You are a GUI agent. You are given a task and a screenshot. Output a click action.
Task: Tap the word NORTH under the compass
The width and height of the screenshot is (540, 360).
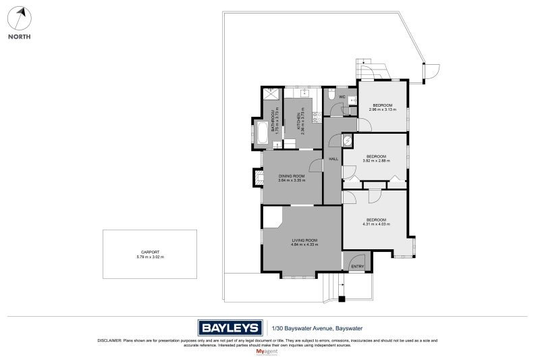tap(19, 37)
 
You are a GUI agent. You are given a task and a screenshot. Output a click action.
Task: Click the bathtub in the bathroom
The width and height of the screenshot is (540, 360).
tap(262, 133)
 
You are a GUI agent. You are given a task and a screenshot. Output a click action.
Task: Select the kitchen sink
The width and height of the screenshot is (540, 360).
tap(304, 92)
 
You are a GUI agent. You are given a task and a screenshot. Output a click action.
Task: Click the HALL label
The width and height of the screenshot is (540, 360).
tap(333, 159)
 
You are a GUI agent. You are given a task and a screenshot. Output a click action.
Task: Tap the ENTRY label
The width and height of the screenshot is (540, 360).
tap(357, 267)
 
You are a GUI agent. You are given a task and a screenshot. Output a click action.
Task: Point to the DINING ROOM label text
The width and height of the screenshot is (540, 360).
tap(292, 176)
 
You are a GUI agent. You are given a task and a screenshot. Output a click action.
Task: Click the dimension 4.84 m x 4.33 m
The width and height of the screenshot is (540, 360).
tap(304, 245)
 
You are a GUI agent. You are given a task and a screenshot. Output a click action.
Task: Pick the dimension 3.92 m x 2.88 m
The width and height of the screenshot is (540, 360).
tap(376, 161)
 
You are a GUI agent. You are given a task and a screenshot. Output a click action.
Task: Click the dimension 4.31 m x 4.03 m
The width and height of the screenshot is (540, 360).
tap(376, 224)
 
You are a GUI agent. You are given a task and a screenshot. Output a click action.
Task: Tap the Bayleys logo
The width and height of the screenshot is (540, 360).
tap(230, 328)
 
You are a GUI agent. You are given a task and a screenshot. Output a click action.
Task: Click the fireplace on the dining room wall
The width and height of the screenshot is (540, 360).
tap(257, 178)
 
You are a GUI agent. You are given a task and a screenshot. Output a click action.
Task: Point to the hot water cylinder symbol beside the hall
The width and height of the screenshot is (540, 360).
tap(347, 140)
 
